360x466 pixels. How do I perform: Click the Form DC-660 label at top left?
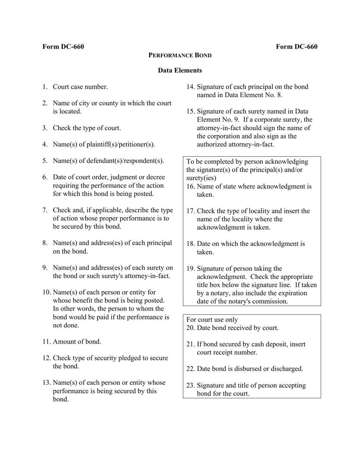pyautogui.click(x=63, y=47)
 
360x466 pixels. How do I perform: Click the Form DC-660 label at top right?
pyautogui.click(x=297, y=47)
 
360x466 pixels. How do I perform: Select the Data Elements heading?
pyautogui.click(x=180, y=70)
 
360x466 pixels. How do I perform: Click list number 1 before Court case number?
pyautogui.click(x=45, y=87)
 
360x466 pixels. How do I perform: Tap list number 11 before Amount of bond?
pyautogui.click(x=46, y=342)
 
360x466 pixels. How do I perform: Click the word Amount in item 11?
pyautogui.click(x=64, y=342)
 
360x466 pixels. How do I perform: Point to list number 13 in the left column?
pyautogui.click(x=46, y=383)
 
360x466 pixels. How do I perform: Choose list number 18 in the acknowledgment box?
pyautogui.click(x=190, y=244)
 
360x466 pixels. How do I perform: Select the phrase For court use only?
pyautogui.click(x=212, y=320)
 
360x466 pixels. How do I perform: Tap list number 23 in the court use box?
pyautogui.click(x=190, y=386)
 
